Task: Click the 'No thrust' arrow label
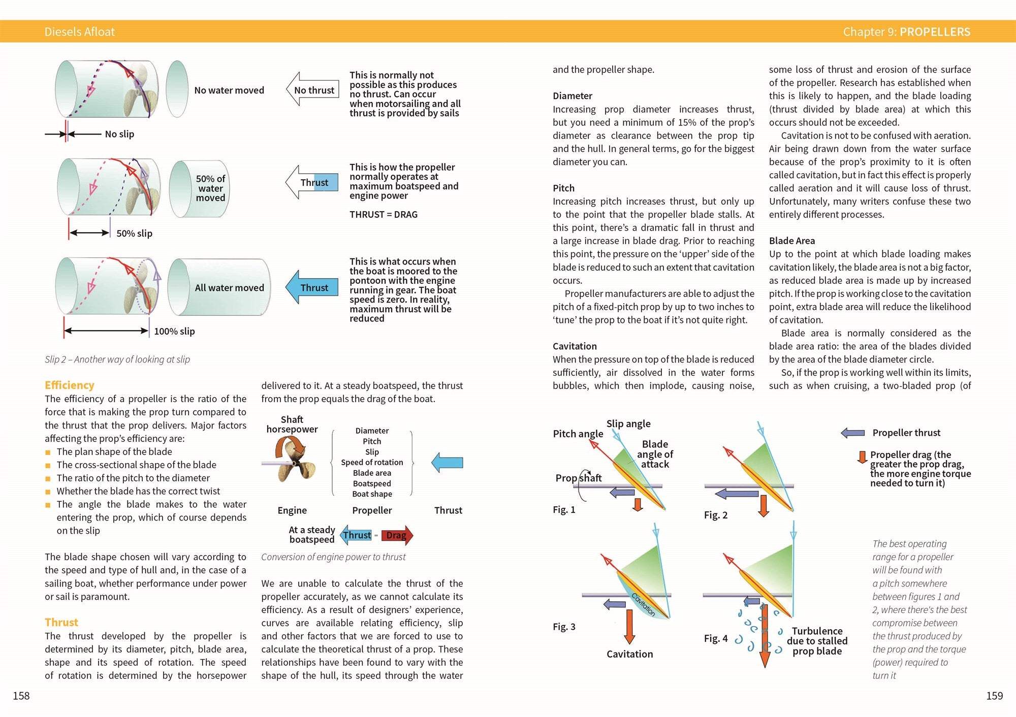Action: [314, 90]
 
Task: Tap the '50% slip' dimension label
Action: [134, 234]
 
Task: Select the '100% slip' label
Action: [174, 332]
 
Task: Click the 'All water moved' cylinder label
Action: [229, 288]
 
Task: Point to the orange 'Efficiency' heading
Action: [69, 385]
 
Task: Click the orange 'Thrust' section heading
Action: [61, 623]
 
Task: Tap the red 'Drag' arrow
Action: [397, 535]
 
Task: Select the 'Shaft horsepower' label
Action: [292, 425]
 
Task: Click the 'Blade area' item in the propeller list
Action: [372, 473]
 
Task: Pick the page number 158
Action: [21, 696]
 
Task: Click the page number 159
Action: [994, 696]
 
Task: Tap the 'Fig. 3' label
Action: [564, 627]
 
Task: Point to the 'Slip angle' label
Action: [628, 424]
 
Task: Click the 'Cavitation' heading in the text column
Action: [575, 346]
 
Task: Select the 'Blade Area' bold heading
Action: [791, 241]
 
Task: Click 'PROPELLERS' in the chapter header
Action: [935, 32]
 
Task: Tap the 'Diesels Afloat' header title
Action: [80, 32]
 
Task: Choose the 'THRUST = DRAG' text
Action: [384, 215]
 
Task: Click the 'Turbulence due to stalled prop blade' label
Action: [817, 641]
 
